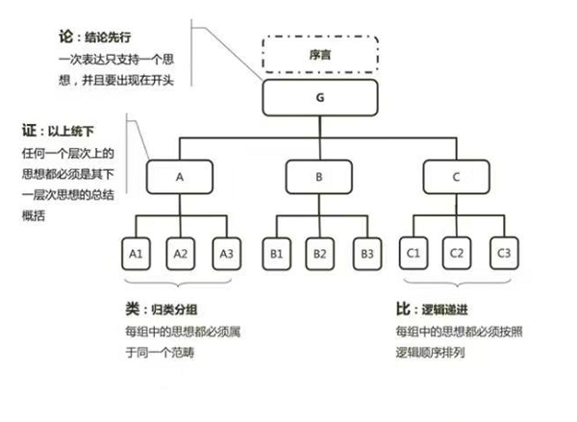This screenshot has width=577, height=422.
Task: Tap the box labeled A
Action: pyautogui.click(x=179, y=177)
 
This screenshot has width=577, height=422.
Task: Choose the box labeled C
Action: pyautogui.click(x=457, y=177)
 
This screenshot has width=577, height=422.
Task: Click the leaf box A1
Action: pyautogui.click(x=136, y=253)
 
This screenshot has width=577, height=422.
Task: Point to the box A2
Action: pyautogui.click(x=180, y=253)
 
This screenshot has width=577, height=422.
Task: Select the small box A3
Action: pyautogui.click(x=225, y=253)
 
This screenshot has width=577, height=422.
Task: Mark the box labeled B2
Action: pyautogui.click(x=319, y=253)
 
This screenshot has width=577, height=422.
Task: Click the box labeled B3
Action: pyautogui.click(x=364, y=253)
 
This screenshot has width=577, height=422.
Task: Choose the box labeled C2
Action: pyautogui.click(x=458, y=253)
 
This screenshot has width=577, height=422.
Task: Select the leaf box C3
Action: pyautogui.click(x=502, y=253)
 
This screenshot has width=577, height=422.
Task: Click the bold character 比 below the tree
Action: pyautogui.click(x=403, y=310)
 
